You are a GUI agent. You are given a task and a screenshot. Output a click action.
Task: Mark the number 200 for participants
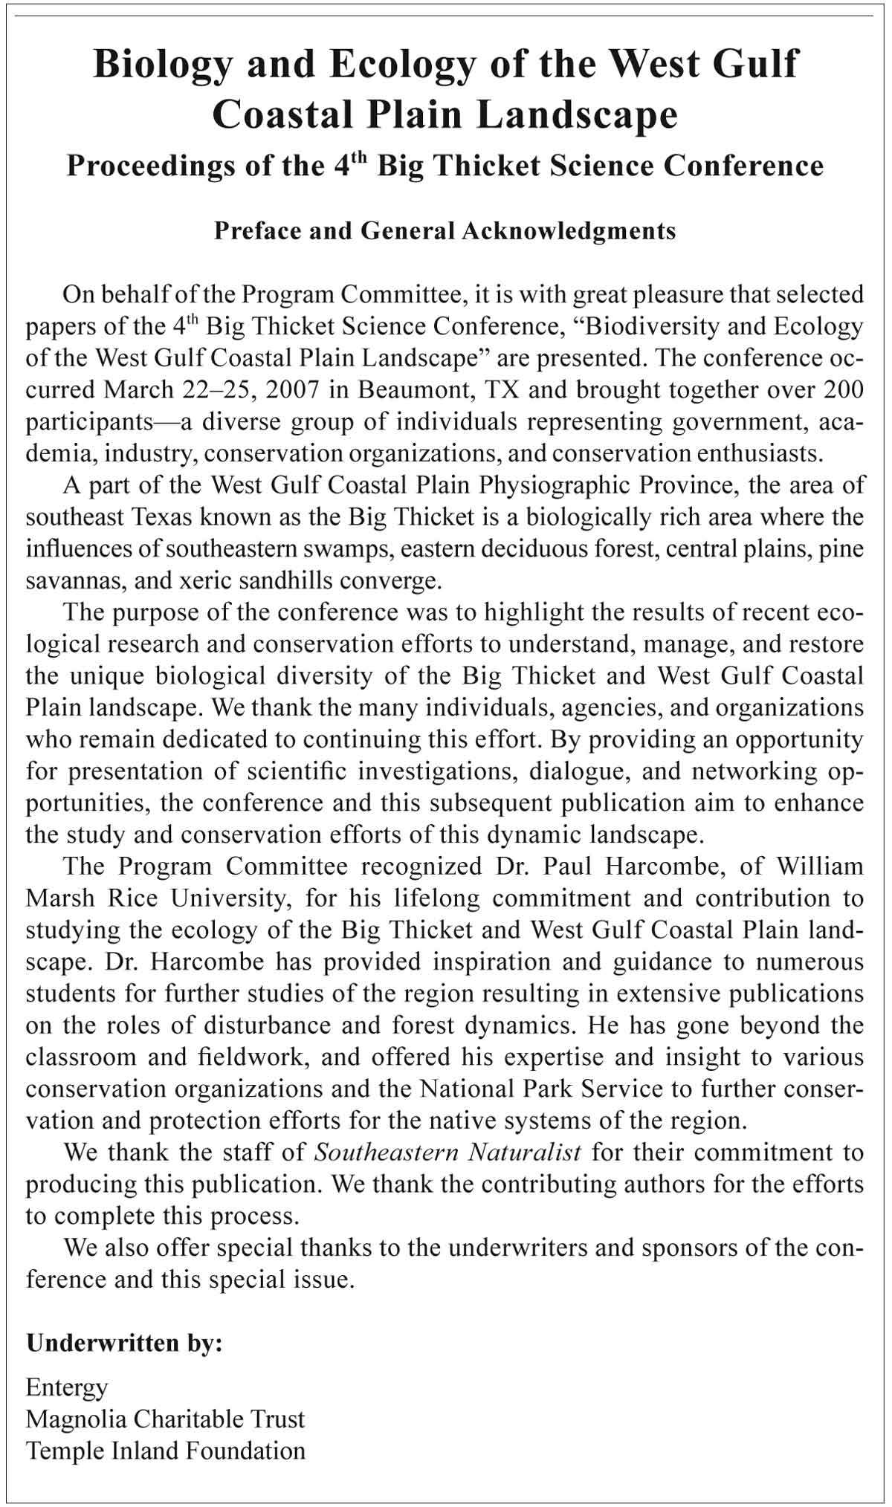coord(842,389)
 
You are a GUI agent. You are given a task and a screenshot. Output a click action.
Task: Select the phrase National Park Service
coord(541,1089)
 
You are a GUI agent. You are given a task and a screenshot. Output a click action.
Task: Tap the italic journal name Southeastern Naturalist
coord(447,1153)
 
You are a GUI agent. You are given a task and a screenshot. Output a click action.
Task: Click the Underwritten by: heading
coord(124,1344)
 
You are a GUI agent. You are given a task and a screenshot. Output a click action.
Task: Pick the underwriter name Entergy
coord(67,1387)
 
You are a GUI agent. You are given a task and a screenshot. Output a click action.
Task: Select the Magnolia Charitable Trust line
coord(165,1419)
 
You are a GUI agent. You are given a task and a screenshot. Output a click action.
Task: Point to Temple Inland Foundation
coord(165,1451)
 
